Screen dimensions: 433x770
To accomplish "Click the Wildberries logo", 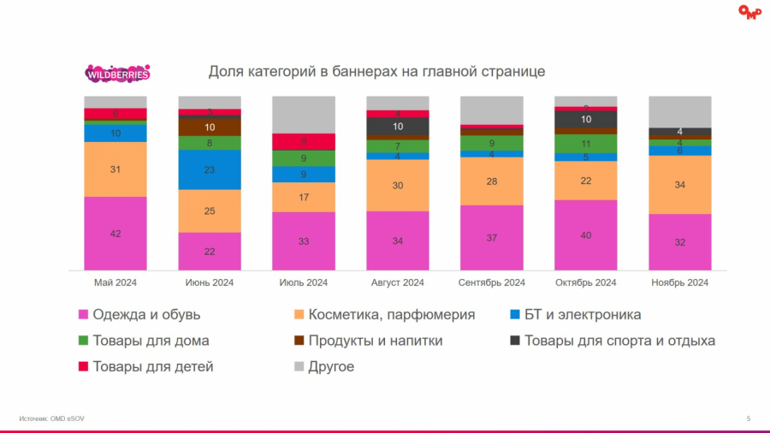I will (x=117, y=74).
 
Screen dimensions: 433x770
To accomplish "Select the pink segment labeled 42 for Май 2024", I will (x=115, y=234).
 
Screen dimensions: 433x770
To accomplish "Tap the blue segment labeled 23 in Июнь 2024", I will (x=210, y=169).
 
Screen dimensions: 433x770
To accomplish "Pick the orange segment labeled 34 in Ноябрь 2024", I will (x=680, y=185).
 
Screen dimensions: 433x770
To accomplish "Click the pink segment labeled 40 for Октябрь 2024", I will (x=586, y=235).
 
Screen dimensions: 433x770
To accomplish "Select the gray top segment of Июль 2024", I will (x=304, y=115).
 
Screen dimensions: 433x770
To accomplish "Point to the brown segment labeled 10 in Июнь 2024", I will (x=210, y=127).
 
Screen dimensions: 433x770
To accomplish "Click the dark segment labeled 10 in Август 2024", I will (x=398, y=127).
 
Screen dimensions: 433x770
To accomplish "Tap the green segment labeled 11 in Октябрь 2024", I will (x=586, y=144).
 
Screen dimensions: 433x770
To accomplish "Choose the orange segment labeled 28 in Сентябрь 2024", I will (x=492, y=181).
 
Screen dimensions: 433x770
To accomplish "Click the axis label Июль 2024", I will (x=304, y=282).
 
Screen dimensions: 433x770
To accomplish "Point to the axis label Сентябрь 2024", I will (x=492, y=282).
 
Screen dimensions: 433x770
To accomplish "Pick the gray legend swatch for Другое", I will (x=299, y=366).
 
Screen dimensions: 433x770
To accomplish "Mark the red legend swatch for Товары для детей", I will (x=84, y=366).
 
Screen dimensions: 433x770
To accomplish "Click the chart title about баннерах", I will (x=377, y=72).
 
